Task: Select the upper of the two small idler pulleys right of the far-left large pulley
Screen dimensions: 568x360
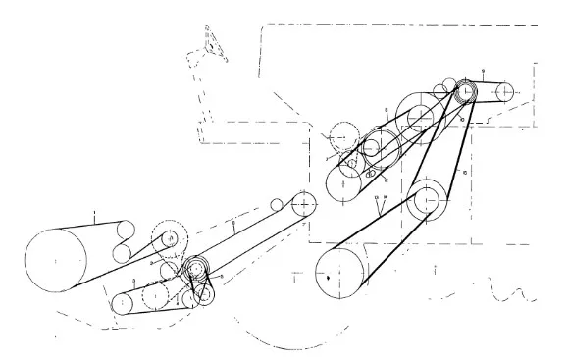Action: click(125, 232)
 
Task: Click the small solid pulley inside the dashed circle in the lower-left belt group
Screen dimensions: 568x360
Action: click(171, 237)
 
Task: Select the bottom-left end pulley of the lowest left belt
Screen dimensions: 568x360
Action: click(122, 304)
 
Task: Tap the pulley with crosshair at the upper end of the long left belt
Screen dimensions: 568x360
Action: click(305, 204)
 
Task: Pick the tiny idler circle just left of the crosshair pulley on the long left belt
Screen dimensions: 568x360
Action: click(278, 205)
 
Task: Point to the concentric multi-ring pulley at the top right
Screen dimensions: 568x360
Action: click(463, 92)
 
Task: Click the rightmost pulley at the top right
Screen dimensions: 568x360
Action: click(504, 91)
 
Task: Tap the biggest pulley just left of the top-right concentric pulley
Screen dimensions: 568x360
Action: click(420, 117)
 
